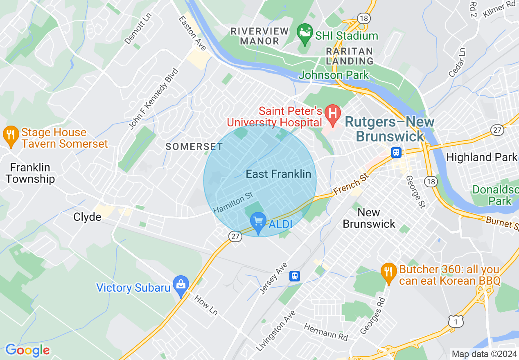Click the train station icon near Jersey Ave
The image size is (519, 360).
pos(294,276)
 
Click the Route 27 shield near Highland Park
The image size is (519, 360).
pos(497,130)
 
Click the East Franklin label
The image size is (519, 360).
pos(278,174)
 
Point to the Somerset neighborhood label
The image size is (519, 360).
pos(194,146)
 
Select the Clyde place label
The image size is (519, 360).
pos(87,216)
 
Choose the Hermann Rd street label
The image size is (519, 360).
pos(326,332)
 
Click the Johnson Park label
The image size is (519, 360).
pos(334,75)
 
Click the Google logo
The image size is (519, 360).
pos(27,350)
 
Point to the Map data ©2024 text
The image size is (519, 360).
pos(484,353)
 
